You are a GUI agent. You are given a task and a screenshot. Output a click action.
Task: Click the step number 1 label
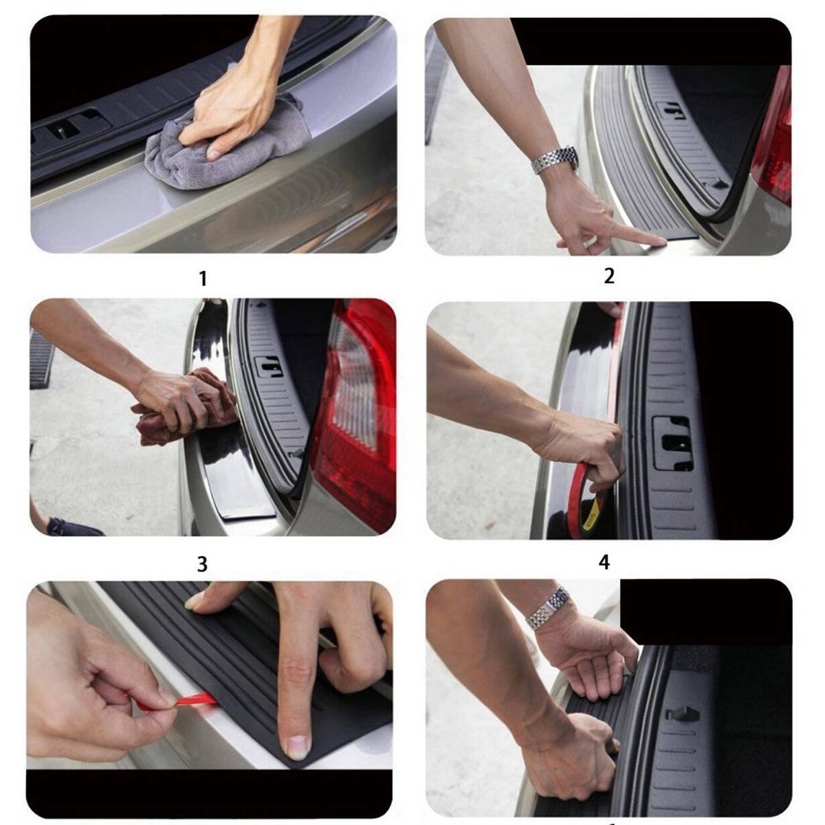coord(202,278)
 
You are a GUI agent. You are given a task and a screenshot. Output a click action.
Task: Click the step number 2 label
coord(609,276)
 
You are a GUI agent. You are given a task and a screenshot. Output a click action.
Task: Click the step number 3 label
coord(202,564)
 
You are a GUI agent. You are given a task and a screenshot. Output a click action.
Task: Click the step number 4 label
coord(604,562)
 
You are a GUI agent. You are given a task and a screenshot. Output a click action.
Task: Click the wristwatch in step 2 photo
coord(555,160)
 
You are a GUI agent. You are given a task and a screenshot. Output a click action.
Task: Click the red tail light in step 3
coord(357,412)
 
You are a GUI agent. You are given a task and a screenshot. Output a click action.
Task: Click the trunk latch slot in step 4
coord(672,443)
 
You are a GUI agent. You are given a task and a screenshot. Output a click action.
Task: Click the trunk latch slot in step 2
coord(670,110)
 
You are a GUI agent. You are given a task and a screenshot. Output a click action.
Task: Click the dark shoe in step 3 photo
coord(72,527)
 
